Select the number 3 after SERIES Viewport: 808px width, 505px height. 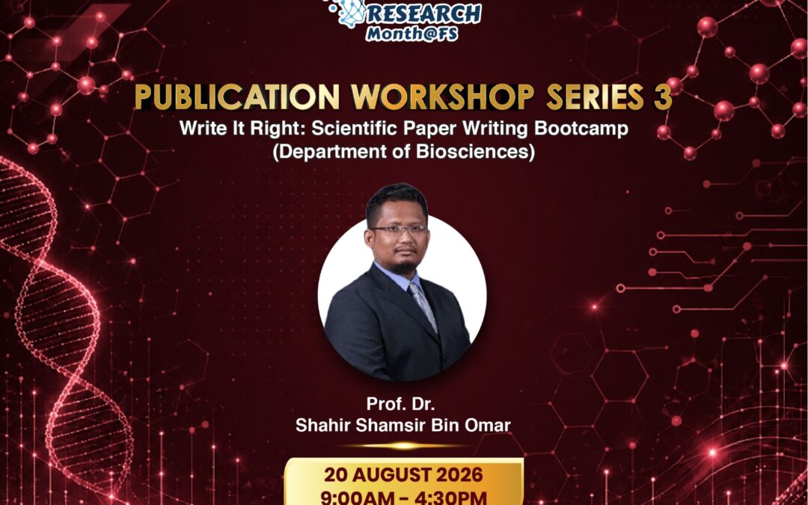tap(663, 97)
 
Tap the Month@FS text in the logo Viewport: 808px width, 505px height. tap(411, 34)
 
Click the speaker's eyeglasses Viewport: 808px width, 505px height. tap(398, 230)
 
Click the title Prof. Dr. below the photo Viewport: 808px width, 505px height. tap(400, 403)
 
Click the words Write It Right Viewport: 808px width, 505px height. tap(242, 129)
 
